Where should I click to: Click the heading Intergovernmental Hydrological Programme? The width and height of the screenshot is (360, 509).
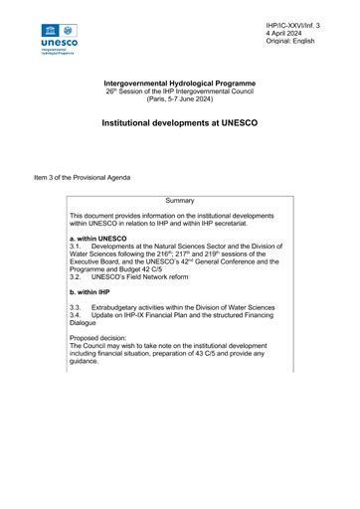coord(180,84)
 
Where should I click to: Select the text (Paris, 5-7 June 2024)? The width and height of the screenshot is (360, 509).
coord(180,99)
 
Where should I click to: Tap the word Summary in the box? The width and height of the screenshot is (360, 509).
coord(180,201)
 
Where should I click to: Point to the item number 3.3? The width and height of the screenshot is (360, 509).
coord(76,309)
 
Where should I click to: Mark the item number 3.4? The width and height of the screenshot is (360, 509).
coord(76,317)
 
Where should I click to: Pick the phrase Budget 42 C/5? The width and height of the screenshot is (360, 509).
coord(136,268)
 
